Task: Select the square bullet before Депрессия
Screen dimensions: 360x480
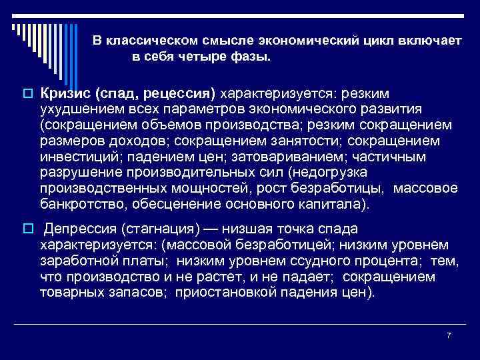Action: tap(27, 229)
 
